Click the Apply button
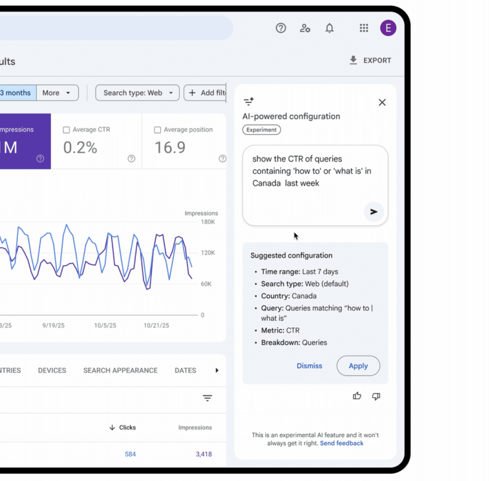358,366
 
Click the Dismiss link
309,366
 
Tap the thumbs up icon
357,396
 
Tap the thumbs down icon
376,396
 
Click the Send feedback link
341,443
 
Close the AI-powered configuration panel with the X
382,102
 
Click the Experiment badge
262,130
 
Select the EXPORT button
371,61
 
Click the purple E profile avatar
388,28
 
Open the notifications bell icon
330,28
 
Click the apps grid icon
364,28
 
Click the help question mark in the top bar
281,28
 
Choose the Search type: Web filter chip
138,93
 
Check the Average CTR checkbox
66,130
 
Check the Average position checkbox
158,130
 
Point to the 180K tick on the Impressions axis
208,222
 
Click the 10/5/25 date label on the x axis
105,325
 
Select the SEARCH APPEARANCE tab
120,370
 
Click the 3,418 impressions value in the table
203,454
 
